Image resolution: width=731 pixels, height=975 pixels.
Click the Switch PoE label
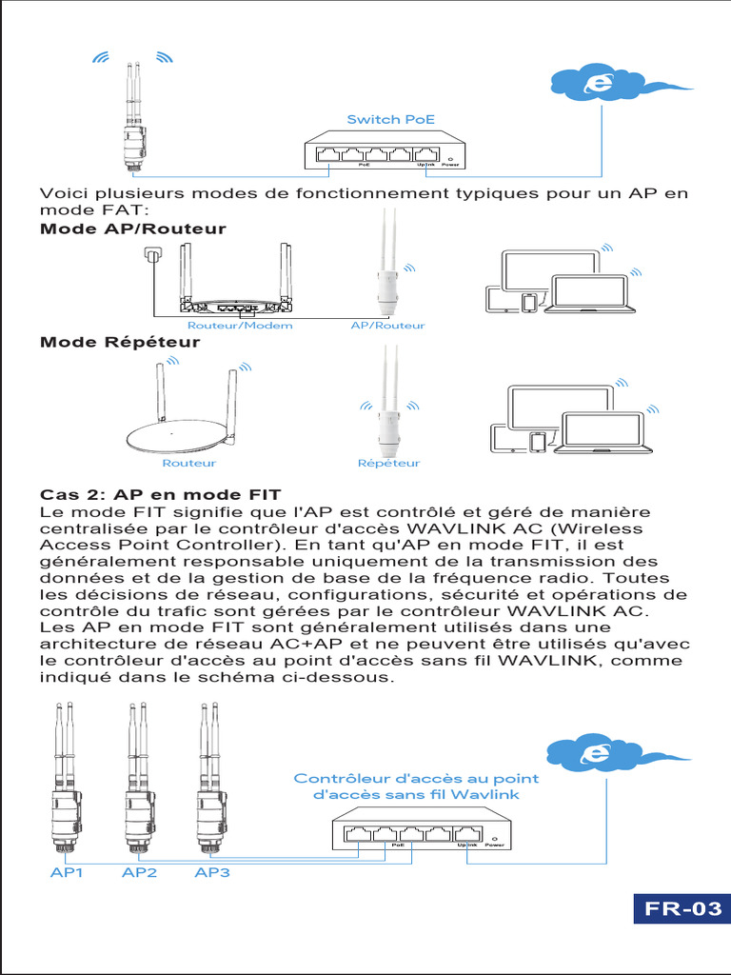[390, 119]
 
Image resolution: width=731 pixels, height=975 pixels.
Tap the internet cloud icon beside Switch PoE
[597, 84]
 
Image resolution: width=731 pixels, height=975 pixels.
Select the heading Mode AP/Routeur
[132, 229]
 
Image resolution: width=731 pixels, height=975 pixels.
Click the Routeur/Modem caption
[239, 326]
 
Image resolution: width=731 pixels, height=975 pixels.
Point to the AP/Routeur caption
[387, 326]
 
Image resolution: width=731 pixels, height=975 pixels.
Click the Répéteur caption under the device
[388, 464]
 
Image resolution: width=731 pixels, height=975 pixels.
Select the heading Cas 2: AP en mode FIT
[160, 495]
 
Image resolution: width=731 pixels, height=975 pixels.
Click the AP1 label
[67, 872]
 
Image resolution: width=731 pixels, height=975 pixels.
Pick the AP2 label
[139, 872]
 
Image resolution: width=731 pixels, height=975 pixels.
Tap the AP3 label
[211, 872]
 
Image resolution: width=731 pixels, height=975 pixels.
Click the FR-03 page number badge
[683, 908]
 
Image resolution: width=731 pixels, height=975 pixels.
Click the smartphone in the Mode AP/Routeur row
[529, 303]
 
